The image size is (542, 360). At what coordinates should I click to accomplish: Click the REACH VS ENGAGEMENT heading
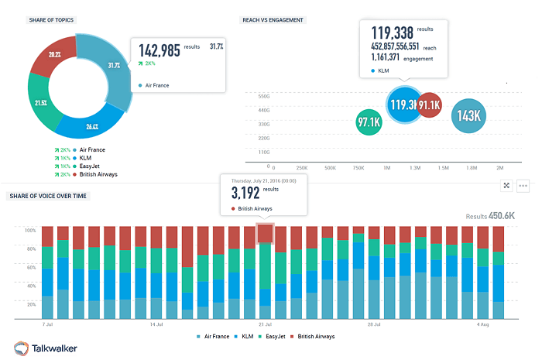click(273, 19)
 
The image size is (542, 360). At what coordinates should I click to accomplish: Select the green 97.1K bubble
click(369, 122)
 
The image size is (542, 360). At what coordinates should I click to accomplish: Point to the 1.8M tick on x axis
click(472, 167)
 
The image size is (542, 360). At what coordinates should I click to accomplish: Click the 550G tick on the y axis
click(262, 96)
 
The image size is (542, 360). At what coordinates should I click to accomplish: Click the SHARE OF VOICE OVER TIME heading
click(48, 196)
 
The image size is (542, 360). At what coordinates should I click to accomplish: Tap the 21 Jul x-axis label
click(265, 324)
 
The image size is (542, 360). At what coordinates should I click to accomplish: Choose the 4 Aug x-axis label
click(482, 324)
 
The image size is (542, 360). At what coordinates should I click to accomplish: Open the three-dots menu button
click(523, 186)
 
